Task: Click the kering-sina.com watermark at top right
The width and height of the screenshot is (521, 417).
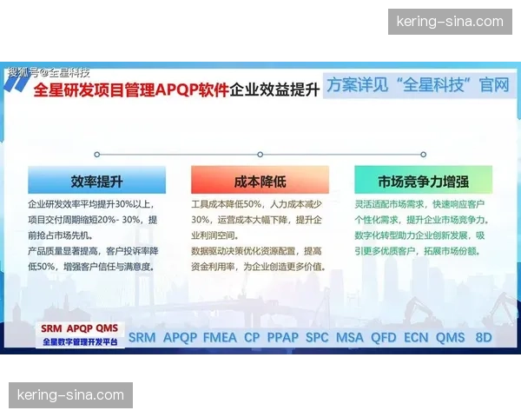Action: (449, 21)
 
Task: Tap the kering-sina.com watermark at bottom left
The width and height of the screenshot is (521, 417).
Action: (71, 395)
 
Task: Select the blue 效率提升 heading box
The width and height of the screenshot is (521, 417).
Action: (96, 181)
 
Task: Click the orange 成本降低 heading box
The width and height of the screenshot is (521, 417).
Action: (260, 181)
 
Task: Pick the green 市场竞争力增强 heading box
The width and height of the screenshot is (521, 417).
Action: (423, 181)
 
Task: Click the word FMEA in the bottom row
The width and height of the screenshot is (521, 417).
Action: (221, 337)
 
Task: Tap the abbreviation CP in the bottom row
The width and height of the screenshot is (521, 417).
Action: (252, 337)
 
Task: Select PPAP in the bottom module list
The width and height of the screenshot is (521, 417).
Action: (282, 337)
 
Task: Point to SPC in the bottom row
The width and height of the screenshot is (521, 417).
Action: (317, 337)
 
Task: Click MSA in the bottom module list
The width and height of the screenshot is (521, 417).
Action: (350, 337)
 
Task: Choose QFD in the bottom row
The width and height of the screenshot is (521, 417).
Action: (383, 337)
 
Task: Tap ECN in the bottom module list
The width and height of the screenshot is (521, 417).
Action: (416, 337)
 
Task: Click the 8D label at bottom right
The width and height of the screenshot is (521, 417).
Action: (484, 337)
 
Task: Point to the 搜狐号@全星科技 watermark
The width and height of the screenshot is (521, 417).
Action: (49, 73)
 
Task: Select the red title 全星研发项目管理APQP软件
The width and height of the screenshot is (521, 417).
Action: (130, 89)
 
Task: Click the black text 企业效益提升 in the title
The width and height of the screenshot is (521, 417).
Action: (275, 89)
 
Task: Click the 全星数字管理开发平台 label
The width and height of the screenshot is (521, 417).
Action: (80, 342)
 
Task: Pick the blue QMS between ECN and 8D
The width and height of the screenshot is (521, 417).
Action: (451, 337)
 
